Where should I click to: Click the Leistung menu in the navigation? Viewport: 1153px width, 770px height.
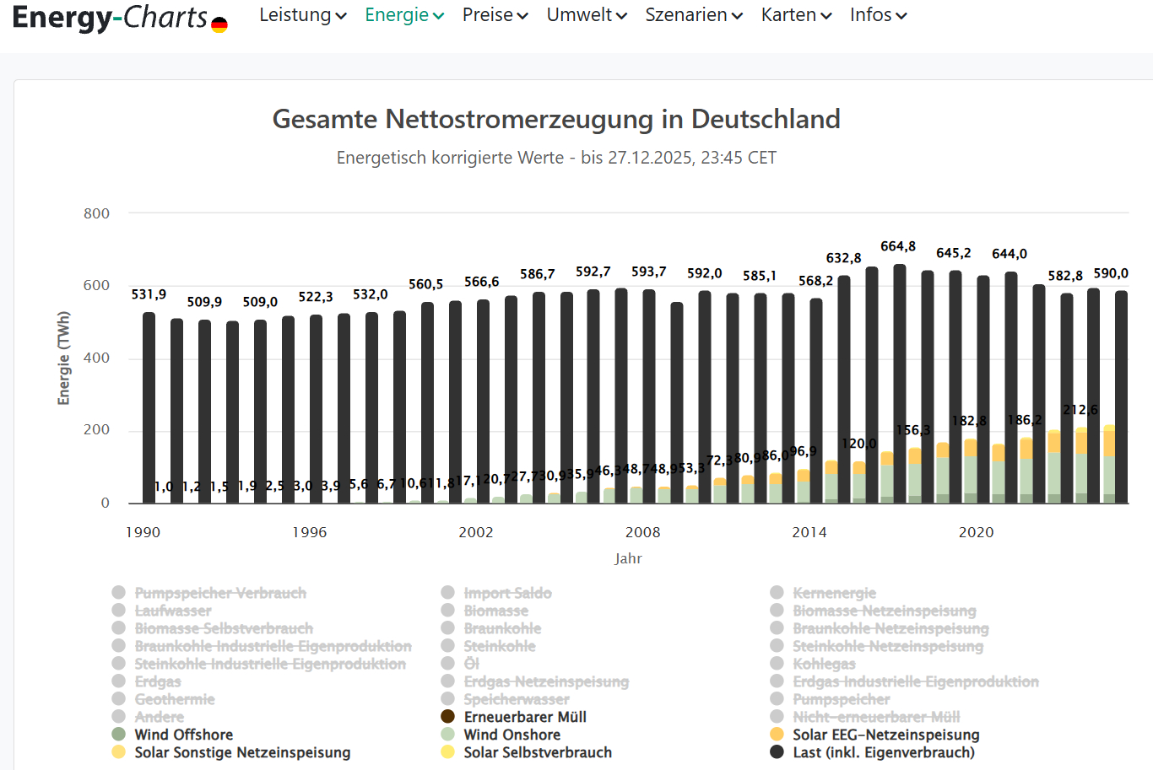(x=302, y=15)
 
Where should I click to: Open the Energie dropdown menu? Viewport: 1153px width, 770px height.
(x=403, y=15)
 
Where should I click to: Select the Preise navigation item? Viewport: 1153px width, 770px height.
(x=495, y=15)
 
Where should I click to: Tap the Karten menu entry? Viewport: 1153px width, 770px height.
(x=796, y=15)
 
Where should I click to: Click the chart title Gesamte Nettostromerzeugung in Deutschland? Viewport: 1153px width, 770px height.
(x=556, y=119)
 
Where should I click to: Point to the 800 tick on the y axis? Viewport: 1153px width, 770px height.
(x=96, y=213)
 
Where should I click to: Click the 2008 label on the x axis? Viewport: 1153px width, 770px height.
(x=642, y=532)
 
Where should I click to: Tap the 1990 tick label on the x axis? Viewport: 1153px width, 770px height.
(x=143, y=532)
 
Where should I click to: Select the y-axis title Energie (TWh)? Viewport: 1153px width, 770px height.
(x=63, y=358)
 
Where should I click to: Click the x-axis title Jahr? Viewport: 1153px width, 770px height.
(x=628, y=558)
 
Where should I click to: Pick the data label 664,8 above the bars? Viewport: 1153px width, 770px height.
(x=897, y=246)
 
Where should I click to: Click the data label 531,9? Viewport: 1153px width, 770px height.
(x=149, y=294)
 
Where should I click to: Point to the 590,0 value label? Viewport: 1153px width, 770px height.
(x=1110, y=273)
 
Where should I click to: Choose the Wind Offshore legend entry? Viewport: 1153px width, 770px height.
(x=183, y=735)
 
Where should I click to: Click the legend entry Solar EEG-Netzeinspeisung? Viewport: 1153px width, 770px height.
(x=885, y=735)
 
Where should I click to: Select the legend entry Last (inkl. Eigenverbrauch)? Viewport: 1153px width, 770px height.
(x=883, y=752)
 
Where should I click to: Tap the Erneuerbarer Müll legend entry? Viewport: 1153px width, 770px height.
(x=524, y=717)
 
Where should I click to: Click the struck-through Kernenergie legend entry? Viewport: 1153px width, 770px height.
(x=834, y=593)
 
